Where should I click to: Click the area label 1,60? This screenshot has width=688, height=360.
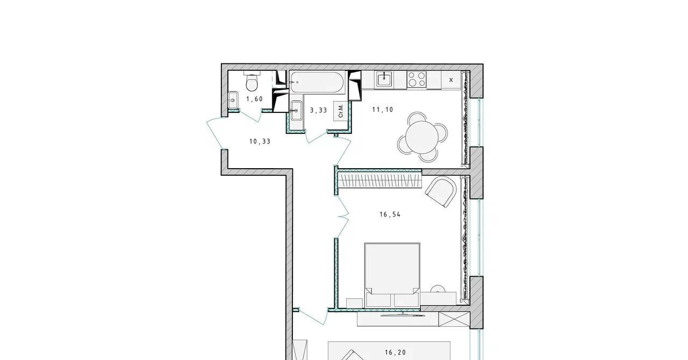tap(254, 99)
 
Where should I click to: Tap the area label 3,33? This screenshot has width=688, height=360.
tap(319, 110)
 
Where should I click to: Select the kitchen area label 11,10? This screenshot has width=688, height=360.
tap(383, 110)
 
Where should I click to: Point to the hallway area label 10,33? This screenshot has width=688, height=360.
tap(260, 142)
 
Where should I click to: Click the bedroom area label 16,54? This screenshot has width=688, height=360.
tap(390, 215)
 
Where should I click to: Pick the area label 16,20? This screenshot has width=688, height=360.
tap(395, 352)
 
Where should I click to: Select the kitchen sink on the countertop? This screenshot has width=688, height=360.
tap(384, 80)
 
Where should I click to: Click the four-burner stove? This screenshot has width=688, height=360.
tap(417, 79)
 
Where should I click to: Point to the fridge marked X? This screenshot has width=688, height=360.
tap(451, 80)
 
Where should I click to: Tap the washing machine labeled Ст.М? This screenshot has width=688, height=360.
tap(341, 111)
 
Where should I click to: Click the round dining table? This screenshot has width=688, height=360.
tap(422, 138)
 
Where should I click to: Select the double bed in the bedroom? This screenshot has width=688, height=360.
tap(392, 275)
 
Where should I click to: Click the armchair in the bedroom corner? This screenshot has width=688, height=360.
tap(441, 191)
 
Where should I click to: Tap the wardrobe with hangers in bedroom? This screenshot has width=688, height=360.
tap(379, 181)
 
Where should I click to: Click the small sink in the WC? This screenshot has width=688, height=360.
tap(233, 100)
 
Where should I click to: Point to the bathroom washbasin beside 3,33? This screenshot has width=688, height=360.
tap(296, 111)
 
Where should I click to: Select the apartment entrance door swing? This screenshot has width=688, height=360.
tap(215, 134)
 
